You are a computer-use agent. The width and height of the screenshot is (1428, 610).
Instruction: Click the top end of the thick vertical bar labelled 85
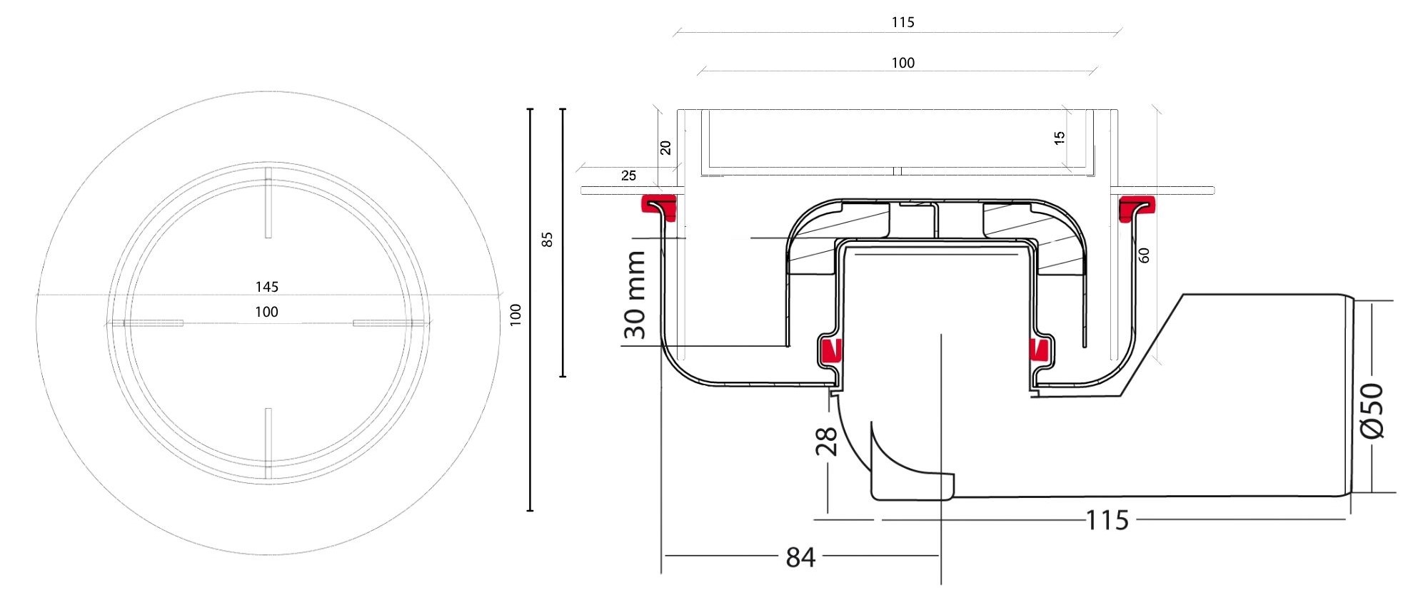click(563, 109)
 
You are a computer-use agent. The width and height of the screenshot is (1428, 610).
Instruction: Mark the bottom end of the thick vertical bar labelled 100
click(530, 511)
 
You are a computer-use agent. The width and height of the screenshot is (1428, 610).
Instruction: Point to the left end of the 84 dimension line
click(664, 555)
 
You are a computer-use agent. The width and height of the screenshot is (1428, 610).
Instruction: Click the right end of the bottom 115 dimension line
click(1345, 519)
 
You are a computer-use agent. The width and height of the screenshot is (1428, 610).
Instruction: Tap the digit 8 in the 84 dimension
click(793, 557)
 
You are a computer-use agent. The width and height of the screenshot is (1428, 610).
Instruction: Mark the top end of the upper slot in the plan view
click(268, 168)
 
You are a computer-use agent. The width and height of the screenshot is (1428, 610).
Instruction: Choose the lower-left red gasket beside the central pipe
click(830, 350)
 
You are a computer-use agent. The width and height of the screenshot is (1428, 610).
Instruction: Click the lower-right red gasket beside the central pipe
click(1038, 350)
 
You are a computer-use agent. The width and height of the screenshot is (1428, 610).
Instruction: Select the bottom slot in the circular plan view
click(268, 443)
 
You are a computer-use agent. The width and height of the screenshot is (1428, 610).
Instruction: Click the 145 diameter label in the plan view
click(267, 287)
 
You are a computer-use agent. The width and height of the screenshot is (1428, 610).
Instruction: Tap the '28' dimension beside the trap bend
click(825, 441)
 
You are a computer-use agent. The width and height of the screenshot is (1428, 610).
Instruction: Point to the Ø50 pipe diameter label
click(1372, 411)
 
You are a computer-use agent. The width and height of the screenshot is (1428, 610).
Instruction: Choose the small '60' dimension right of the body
click(1144, 255)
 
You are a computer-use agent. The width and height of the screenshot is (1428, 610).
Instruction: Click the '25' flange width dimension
click(628, 176)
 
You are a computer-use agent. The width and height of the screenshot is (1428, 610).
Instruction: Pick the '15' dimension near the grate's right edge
click(1060, 138)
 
